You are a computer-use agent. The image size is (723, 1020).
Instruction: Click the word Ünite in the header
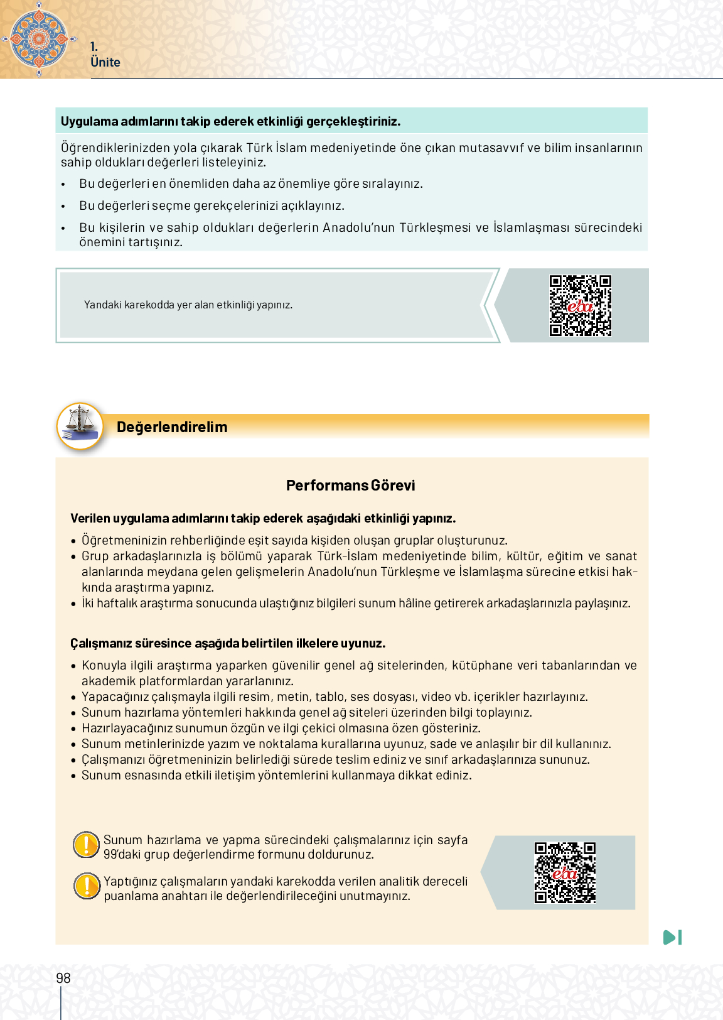pos(105,62)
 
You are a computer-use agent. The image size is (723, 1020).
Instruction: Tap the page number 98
pos(63,978)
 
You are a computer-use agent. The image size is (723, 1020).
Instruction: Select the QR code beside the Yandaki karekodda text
pos(581,306)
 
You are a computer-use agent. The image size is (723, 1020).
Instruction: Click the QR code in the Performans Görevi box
pos(565,873)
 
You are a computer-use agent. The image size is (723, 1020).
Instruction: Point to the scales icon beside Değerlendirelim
pos(80,426)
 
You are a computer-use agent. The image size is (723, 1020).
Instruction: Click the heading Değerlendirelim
pos(172,427)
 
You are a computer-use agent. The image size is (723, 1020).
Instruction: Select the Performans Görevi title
pos(350,486)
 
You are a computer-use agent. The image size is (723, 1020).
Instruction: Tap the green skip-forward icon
pos(672,938)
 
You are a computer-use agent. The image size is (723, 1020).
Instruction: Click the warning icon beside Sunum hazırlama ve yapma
pos(86,845)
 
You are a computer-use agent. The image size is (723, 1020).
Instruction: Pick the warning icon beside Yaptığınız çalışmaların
pos(87,886)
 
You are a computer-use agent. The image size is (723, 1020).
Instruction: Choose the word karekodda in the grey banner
pos(149,305)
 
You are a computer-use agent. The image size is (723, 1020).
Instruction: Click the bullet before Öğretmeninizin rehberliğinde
pos(73,541)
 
